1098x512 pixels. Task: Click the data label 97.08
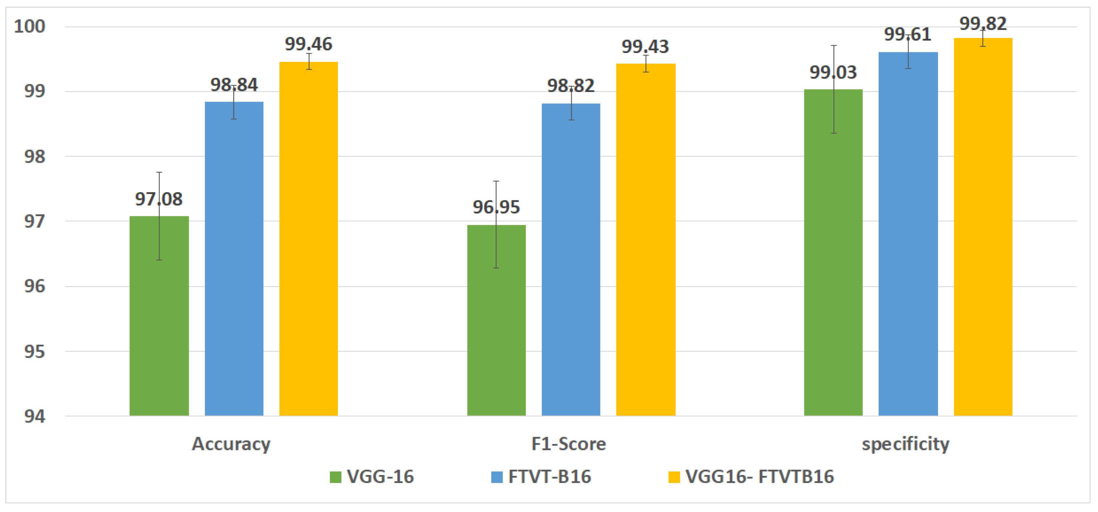click(x=159, y=199)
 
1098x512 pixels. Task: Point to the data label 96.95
click(x=496, y=207)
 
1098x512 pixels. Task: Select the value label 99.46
click(x=309, y=44)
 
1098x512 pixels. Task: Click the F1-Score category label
click(x=568, y=444)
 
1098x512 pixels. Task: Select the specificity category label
click(x=905, y=444)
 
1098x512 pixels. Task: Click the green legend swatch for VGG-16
click(x=336, y=477)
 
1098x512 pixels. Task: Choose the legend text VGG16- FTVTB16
click(x=759, y=477)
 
